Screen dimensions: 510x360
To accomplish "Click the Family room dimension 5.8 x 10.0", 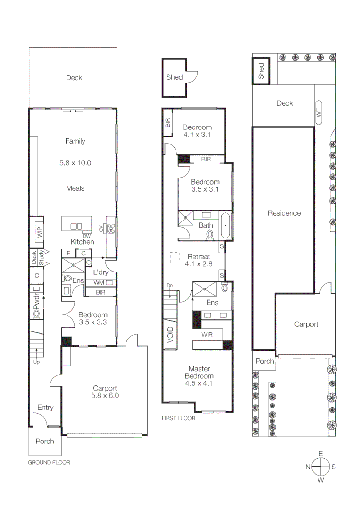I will [x=75, y=163].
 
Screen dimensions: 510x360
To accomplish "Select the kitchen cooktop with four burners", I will [x=112, y=229].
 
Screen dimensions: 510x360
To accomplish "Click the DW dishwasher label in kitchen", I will [x=86, y=236].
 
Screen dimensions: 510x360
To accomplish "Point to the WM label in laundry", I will [x=99, y=282].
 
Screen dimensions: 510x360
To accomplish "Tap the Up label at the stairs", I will [x=36, y=362].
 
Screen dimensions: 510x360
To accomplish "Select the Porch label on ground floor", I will [x=45, y=441].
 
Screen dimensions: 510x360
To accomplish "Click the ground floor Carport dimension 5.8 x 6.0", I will [x=105, y=396].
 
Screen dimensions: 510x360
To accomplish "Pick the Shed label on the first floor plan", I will [x=174, y=77].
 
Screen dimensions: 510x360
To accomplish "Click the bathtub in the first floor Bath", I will [x=226, y=226].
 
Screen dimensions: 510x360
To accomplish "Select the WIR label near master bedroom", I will [x=207, y=335].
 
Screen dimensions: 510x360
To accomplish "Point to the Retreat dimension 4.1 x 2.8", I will [x=198, y=263].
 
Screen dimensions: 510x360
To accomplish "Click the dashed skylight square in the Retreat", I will [x=175, y=258].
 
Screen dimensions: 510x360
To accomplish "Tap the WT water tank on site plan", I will [x=318, y=112].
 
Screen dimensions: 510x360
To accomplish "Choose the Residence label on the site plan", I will [x=284, y=213].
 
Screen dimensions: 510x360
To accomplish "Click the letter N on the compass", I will [x=308, y=467].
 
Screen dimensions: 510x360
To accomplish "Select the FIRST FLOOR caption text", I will [x=178, y=418].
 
